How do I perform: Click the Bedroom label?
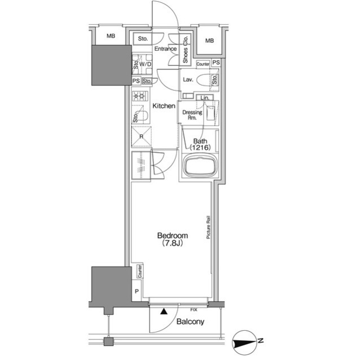(173, 239)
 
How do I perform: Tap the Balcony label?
(190, 322)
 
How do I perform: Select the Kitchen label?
(164, 106)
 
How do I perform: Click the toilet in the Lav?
(206, 80)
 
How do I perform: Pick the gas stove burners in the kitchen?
(140, 96)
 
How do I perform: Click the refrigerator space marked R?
(142, 136)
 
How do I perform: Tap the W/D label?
(146, 64)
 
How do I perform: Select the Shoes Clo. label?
(186, 50)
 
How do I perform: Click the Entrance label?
(165, 49)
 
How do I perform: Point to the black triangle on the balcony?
(164, 311)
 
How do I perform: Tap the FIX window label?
(194, 310)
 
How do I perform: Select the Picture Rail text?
(208, 227)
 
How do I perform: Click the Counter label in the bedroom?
(140, 271)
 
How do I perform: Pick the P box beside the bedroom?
(137, 291)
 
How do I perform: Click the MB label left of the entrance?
(111, 36)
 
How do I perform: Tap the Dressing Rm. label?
(192, 115)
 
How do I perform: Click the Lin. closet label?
(205, 98)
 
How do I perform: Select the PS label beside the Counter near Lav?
(216, 63)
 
